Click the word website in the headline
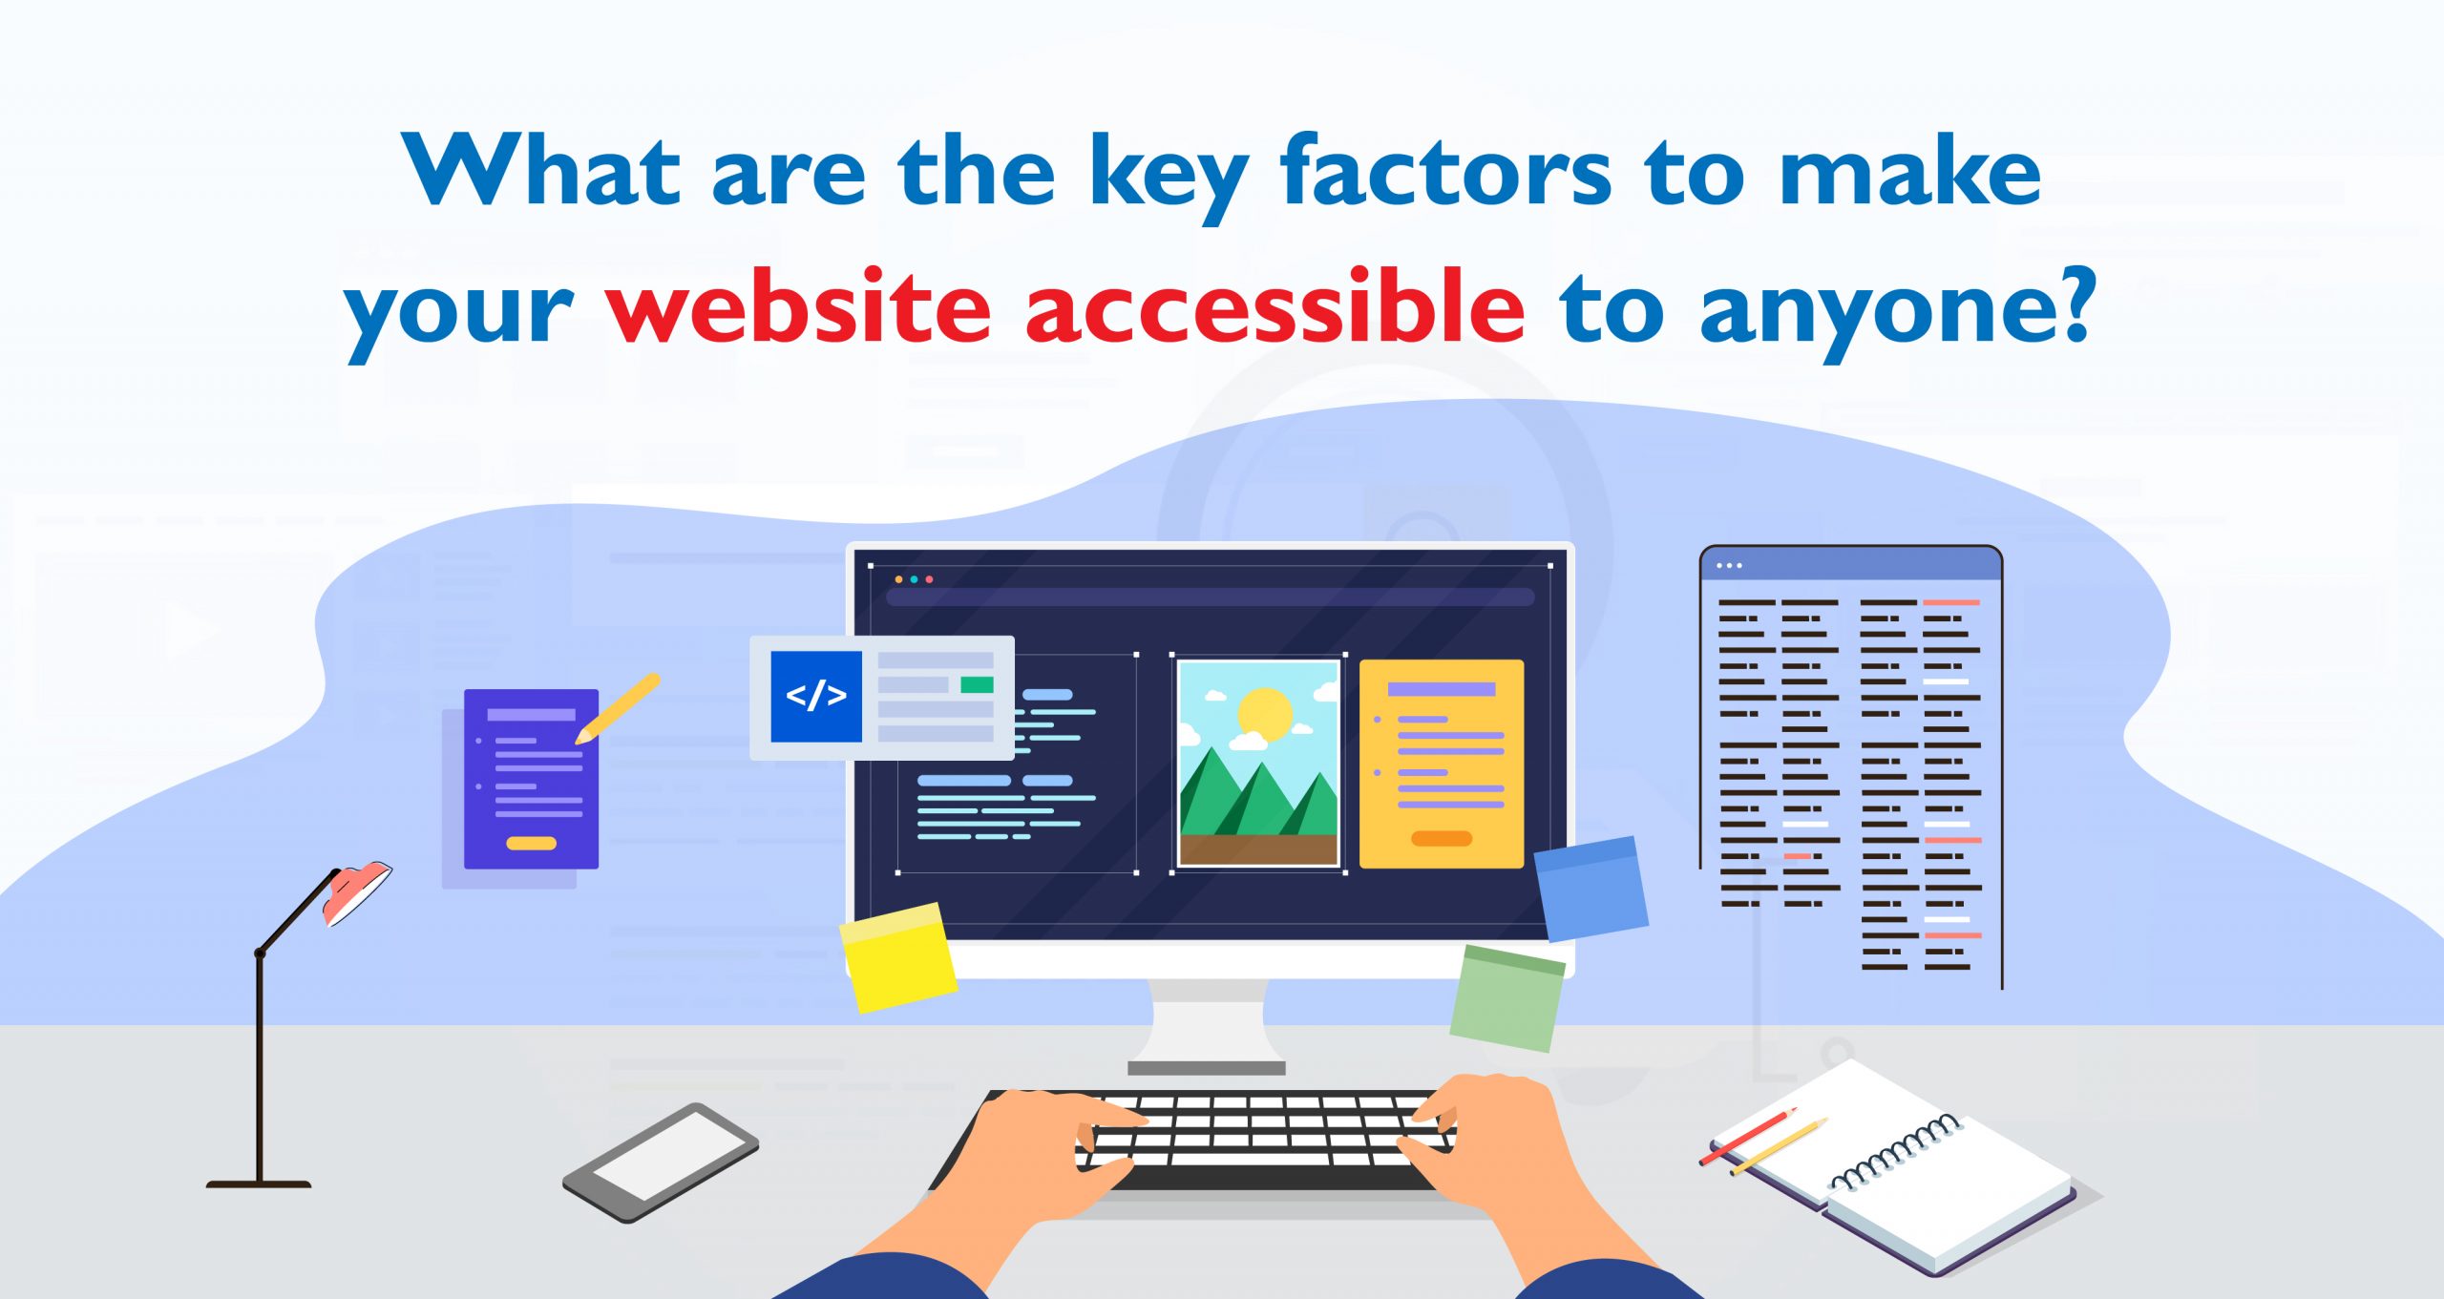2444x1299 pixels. pyautogui.click(x=800, y=305)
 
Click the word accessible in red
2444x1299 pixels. pyautogui.click(x=1275, y=305)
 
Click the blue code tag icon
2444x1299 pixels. pyautogui.click(x=816, y=696)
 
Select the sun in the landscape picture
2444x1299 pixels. pyautogui.click(x=1264, y=714)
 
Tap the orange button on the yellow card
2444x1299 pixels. pyautogui.click(x=1442, y=838)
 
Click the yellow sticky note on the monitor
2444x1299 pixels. pyautogui.click(x=898, y=956)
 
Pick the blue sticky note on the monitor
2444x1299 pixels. pyautogui.click(x=1591, y=889)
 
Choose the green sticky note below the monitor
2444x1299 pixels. pyautogui.click(x=1507, y=998)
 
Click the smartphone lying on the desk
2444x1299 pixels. pyautogui.click(x=661, y=1162)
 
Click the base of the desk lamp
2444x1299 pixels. pyautogui.click(x=259, y=1184)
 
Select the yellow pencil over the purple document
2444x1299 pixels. pyautogui.click(x=618, y=708)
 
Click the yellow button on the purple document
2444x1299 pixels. pyautogui.click(x=531, y=844)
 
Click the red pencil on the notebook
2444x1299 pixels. pyautogui.click(x=1748, y=1136)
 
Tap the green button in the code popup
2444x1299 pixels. pyautogui.click(x=977, y=684)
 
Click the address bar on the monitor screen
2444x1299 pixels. pyautogui.click(x=1210, y=597)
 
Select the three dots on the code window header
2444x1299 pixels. pyautogui.click(x=1729, y=566)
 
